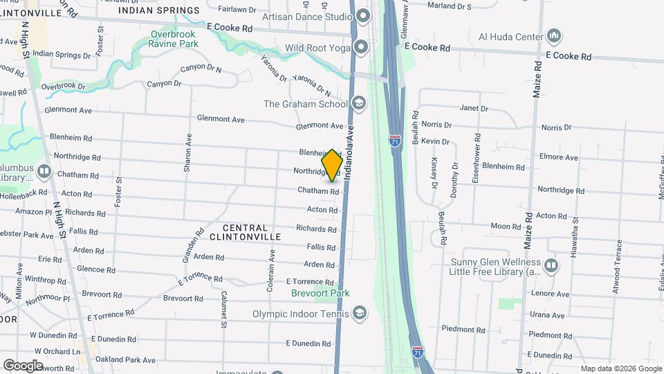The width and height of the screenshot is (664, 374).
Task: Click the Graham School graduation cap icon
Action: pos(358,104)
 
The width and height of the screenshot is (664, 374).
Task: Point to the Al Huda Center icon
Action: pos(553,35)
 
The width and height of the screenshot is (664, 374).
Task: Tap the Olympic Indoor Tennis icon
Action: pos(359,312)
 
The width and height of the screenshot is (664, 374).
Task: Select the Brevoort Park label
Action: pos(321,293)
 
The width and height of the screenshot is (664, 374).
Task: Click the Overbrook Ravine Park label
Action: pos(173,39)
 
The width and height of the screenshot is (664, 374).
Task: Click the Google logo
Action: pos(23,365)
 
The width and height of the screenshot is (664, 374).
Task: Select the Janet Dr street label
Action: pos(474,109)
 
